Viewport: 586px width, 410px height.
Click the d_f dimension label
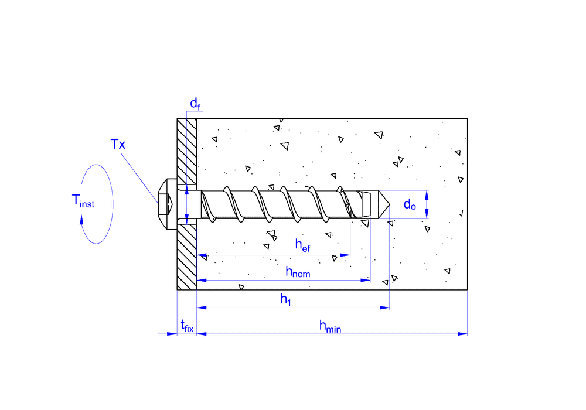pos(195,104)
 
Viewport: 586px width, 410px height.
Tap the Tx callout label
pos(118,144)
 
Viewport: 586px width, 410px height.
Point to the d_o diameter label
pos(410,204)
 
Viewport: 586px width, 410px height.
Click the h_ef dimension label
pos(302,245)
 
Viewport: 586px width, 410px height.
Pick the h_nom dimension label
pos(298,271)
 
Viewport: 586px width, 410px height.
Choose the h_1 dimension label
pos(285,299)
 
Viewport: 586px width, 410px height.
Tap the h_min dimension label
pos(330,326)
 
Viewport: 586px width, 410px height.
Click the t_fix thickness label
pos(186,326)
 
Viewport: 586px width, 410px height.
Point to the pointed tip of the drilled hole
pos(388,204)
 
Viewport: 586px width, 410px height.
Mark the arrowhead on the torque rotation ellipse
pos(81,219)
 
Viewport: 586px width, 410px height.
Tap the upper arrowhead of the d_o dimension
pos(427,194)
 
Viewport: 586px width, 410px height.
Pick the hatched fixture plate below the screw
pos(187,258)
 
